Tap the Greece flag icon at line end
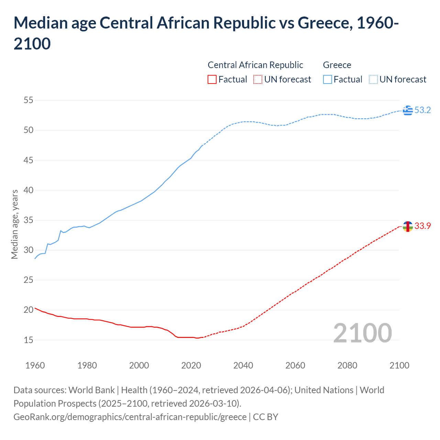(x=408, y=110)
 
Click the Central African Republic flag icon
(x=408, y=226)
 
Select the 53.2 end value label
(x=422, y=110)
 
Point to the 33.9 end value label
(x=422, y=226)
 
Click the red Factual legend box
(x=212, y=79)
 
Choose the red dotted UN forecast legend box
(x=258, y=79)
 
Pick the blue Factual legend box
(x=328, y=79)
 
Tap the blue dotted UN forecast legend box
(x=373, y=79)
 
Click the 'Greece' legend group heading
(x=337, y=65)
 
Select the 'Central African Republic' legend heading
(x=255, y=65)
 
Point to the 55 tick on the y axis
(x=28, y=100)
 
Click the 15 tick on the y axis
(x=28, y=340)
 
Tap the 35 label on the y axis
(x=28, y=220)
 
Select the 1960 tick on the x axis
(x=35, y=365)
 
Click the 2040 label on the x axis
(x=243, y=365)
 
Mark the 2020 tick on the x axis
(x=191, y=365)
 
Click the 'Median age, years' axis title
(x=14, y=224)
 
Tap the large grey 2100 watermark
(x=362, y=333)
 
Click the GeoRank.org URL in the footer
(x=130, y=417)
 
